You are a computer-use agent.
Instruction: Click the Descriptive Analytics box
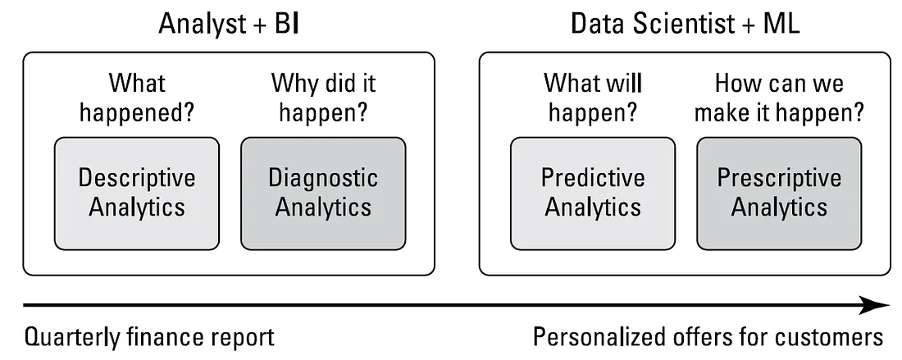point(137,193)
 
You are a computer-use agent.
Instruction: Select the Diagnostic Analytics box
point(323,193)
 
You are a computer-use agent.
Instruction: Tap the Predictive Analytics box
point(593,193)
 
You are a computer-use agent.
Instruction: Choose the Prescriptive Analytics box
point(779,193)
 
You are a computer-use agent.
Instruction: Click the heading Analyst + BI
point(228,24)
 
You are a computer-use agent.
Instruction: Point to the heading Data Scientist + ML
point(685,24)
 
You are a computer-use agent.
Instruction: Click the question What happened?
point(137,97)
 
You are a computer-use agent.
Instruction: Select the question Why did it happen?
point(323,97)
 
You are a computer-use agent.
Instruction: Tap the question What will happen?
point(593,97)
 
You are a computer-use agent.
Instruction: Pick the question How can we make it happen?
point(779,97)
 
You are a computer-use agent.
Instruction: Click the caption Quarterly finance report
point(148,337)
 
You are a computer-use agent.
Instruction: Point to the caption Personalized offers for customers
point(708,337)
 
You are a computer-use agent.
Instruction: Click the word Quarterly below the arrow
point(66,337)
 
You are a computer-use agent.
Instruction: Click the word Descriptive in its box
point(137,178)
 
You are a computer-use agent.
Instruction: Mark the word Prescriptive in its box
point(779,178)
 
